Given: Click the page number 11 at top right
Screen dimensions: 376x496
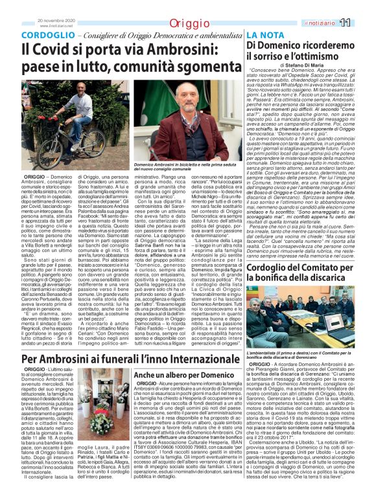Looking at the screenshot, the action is click(x=363, y=23).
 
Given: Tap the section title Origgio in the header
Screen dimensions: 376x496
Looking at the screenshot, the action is click(x=189, y=23).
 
